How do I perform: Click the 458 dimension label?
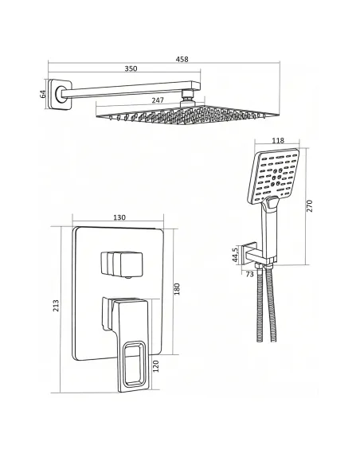coord(182,59)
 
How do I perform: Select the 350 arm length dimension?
coord(131,68)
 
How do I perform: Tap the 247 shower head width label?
coord(158,100)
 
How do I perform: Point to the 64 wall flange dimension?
coord(43,94)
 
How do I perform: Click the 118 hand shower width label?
coord(277,140)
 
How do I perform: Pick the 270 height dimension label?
coord(309,205)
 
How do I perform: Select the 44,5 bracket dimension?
coord(235,255)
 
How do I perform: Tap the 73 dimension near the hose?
coord(250,275)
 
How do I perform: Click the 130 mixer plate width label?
coord(119,217)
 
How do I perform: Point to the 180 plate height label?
coord(177,289)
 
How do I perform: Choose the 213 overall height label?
coord(56,306)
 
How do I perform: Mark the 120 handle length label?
coord(156,366)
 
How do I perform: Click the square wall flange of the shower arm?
coord(60,94)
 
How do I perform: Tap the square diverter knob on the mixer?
coord(122,264)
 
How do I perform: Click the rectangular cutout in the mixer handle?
coord(134,365)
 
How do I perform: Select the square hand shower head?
coord(273,176)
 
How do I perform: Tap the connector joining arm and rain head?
coord(188,96)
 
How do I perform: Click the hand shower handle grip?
coord(269,229)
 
